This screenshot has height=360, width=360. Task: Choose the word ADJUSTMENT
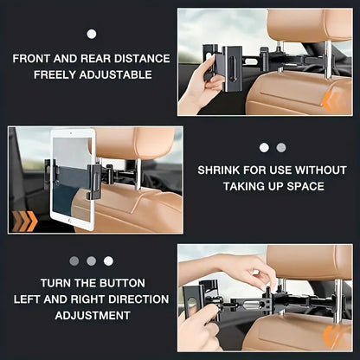(x=91, y=315)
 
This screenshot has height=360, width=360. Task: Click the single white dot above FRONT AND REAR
(x=91, y=34)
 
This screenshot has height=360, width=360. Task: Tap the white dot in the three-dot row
(x=108, y=260)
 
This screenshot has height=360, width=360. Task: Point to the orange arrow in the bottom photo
(x=331, y=337)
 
